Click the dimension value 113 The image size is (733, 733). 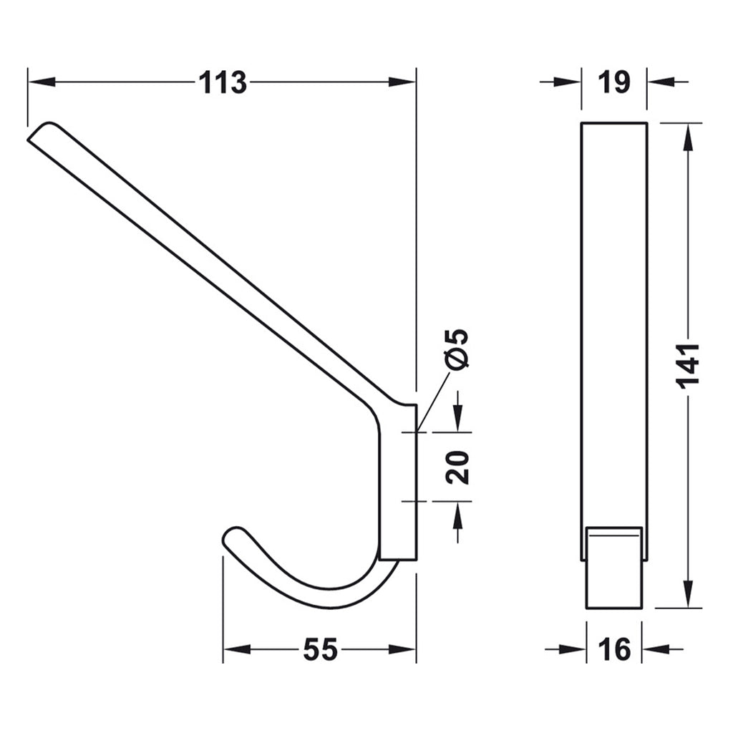(x=223, y=83)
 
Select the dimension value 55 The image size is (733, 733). (x=320, y=650)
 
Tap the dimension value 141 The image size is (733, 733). (x=688, y=365)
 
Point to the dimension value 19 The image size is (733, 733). (x=614, y=82)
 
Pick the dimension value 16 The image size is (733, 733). (x=614, y=650)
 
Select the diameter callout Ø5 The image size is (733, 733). (x=456, y=349)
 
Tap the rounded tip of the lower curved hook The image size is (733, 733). (x=233, y=538)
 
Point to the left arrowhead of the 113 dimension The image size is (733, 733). (x=40, y=82)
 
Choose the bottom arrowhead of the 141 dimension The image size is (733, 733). (x=688, y=594)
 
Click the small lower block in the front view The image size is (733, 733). (x=613, y=567)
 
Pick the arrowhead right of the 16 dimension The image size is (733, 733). (x=656, y=649)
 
